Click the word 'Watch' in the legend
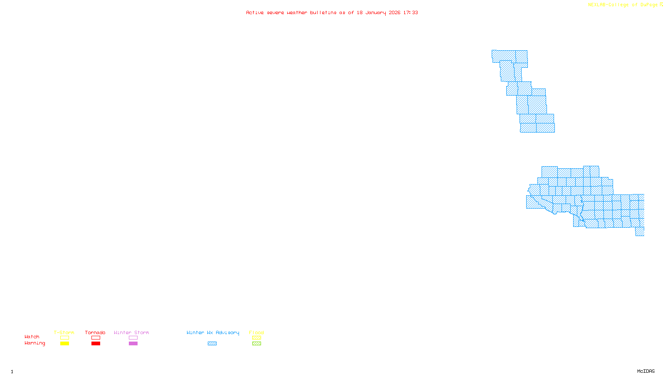[32, 337]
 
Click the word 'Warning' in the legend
[35, 343]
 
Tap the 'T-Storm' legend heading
[64, 332]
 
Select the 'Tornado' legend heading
[95, 332]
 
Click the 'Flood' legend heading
[256, 332]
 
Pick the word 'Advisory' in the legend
[227, 332]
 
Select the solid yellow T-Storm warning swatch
[64, 344]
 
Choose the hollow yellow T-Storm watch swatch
[64, 338]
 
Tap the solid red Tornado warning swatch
[96, 344]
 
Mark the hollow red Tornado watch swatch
[96, 338]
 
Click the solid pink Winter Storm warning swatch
[133, 344]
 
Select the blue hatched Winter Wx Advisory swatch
[212, 344]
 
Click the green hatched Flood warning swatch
[256, 344]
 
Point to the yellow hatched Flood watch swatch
[256, 338]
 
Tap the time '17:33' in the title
[411, 12]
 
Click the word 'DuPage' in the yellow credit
[649, 5]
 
